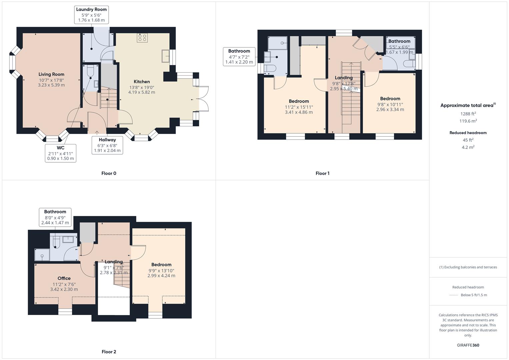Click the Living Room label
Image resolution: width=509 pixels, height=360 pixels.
(x=51, y=74)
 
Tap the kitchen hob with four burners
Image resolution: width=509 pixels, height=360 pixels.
(x=142, y=38)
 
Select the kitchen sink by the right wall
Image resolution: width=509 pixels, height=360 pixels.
(x=166, y=56)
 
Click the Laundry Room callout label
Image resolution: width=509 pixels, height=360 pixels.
(x=91, y=15)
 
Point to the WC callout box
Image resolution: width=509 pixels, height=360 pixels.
(x=61, y=153)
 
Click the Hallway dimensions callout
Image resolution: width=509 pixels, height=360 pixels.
(x=107, y=145)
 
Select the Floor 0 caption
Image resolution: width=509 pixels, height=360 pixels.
(x=109, y=173)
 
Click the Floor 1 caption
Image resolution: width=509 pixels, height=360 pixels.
(x=322, y=173)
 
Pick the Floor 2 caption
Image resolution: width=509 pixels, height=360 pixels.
(x=109, y=352)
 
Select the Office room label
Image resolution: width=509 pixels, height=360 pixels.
(x=64, y=278)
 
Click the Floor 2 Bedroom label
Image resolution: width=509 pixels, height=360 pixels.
(x=161, y=265)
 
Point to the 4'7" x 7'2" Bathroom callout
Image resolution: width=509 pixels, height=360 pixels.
(x=239, y=56)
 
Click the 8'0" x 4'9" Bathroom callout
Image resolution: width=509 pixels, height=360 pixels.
(x=55, y=217)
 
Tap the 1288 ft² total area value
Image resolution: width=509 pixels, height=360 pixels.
(x=468, y=114)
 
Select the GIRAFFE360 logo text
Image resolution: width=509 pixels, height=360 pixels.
(x=468, y=345)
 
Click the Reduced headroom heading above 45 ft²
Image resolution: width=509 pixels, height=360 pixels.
(x=468, y=133)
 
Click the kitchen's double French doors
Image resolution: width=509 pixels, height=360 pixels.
(x=203, y=99)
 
